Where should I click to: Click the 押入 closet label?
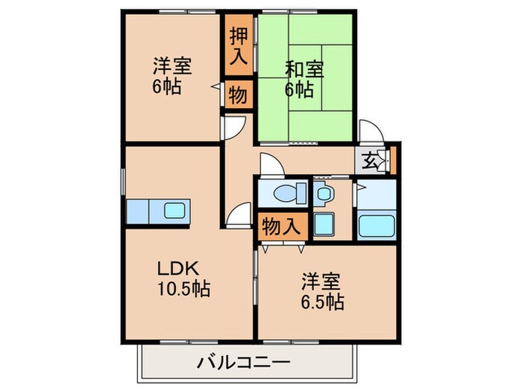238,47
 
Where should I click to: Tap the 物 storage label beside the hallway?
238,95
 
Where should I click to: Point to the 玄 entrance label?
371,159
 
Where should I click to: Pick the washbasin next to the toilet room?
324,195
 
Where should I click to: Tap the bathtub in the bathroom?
376,225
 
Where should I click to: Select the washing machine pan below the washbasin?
324,224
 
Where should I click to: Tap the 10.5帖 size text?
182,288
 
